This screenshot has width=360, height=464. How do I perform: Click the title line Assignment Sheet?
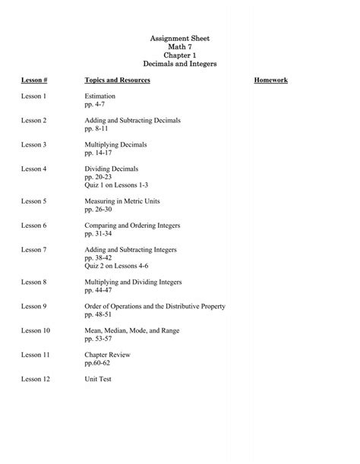point(180,37)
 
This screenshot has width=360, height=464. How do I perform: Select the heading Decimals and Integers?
point(180,65)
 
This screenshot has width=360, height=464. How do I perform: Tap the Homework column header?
point(270,80)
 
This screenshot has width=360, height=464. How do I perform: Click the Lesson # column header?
point(36,80)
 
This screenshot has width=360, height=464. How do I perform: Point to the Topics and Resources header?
point(118,80)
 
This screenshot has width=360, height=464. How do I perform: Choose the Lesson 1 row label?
point(34,96)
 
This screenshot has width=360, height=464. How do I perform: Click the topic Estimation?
point(100,96)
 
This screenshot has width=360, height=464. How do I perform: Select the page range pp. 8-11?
point(98,129)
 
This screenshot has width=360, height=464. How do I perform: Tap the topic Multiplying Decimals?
point(115,144)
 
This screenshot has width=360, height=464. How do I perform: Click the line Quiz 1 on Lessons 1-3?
point(117,185)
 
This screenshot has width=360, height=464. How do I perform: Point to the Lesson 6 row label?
point(34,226)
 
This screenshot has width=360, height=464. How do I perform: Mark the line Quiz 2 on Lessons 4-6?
point(117,267)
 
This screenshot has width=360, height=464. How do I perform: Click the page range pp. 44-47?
point(99,290)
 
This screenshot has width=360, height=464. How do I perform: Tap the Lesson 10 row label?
point(36,330)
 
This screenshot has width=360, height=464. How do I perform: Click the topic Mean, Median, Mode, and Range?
point(134,330)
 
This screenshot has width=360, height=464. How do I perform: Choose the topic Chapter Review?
point(107,355)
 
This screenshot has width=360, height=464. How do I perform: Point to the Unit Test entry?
point(99,378)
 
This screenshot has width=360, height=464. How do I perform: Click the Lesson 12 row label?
point(36,378)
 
